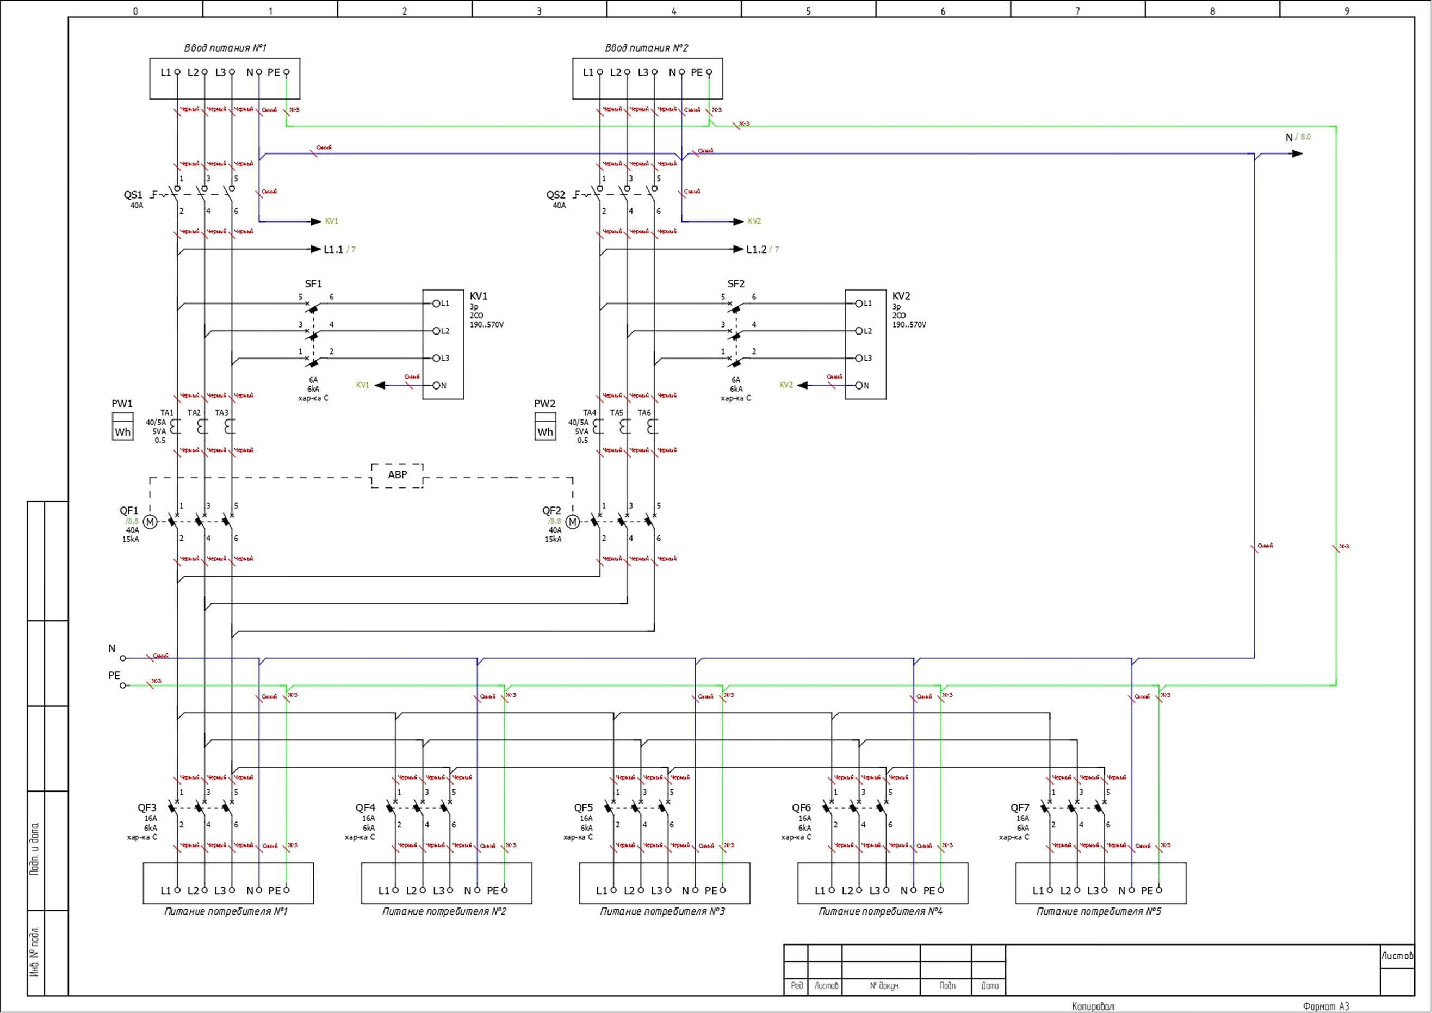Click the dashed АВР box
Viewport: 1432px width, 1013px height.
click(397, 475)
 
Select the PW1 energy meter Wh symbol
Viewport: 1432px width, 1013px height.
click(122, 427)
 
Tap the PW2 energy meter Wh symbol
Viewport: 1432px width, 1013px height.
click(545, 427)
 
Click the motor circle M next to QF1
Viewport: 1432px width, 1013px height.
click(150, 522)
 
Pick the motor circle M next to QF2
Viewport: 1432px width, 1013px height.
click(573, 522)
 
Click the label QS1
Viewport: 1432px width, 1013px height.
click(133, 195)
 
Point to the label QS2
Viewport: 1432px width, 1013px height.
click(556, 195)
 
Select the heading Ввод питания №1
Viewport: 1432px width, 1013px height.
click(225, 48)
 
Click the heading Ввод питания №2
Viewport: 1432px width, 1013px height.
click(647, 48)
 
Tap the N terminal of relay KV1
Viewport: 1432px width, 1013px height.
click(437, 386)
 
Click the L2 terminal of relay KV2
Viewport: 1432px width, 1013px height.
click(859, 331)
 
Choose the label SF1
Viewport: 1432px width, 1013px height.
click(313, 284)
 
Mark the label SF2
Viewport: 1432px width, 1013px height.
click(736, 284)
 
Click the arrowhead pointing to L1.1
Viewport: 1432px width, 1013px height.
click(316, 250)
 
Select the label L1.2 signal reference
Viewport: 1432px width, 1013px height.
click(757, 250)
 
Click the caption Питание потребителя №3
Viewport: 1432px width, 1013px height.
click(662, 911)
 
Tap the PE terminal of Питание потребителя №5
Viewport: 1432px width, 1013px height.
click(1159, 890)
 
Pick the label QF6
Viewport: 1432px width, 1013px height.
click(802, 808)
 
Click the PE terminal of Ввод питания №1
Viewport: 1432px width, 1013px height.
click(286, 72)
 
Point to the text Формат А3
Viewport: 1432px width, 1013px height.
click(1325, 1006)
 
